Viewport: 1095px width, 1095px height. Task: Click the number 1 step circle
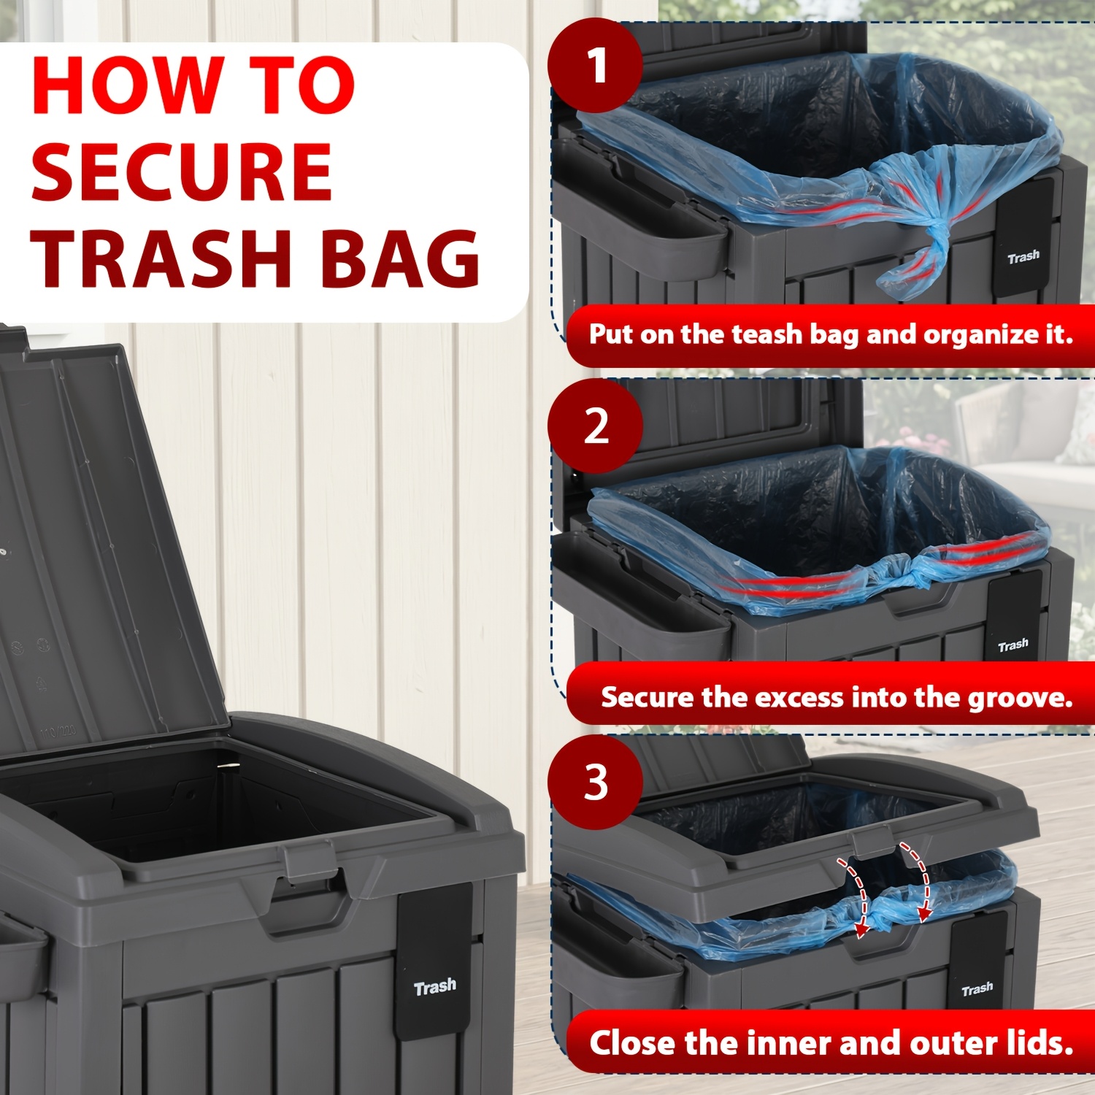click(595, 66)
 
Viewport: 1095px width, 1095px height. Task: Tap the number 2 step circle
click(595, 426)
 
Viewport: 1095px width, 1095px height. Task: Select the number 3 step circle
click(595, 782)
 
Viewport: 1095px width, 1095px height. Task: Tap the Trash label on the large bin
click(435, 988)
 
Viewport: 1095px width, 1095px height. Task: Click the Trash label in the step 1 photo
click(1023, 257)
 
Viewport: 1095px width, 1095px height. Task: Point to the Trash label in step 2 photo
click(1013, 645)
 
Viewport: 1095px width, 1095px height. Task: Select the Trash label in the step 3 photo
click(977, 989)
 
